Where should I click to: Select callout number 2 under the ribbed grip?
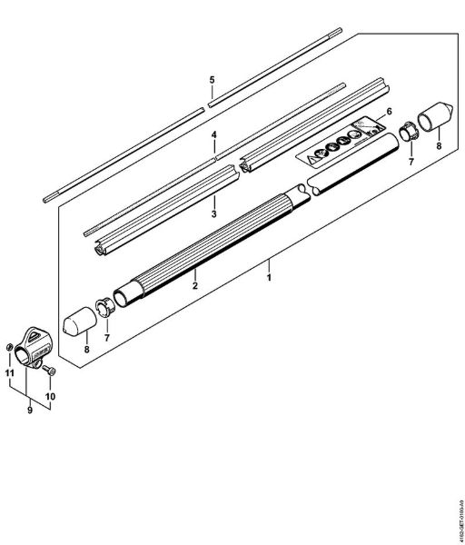pos(194,285)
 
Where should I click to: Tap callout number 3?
pos(213,214)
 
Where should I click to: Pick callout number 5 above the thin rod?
pos(212,80)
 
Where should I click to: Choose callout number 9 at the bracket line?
pos(29,410)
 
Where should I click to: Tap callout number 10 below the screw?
pos(51,396)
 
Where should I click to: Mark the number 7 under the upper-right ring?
pos(410,161)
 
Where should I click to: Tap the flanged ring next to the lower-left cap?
pos(104,304)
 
